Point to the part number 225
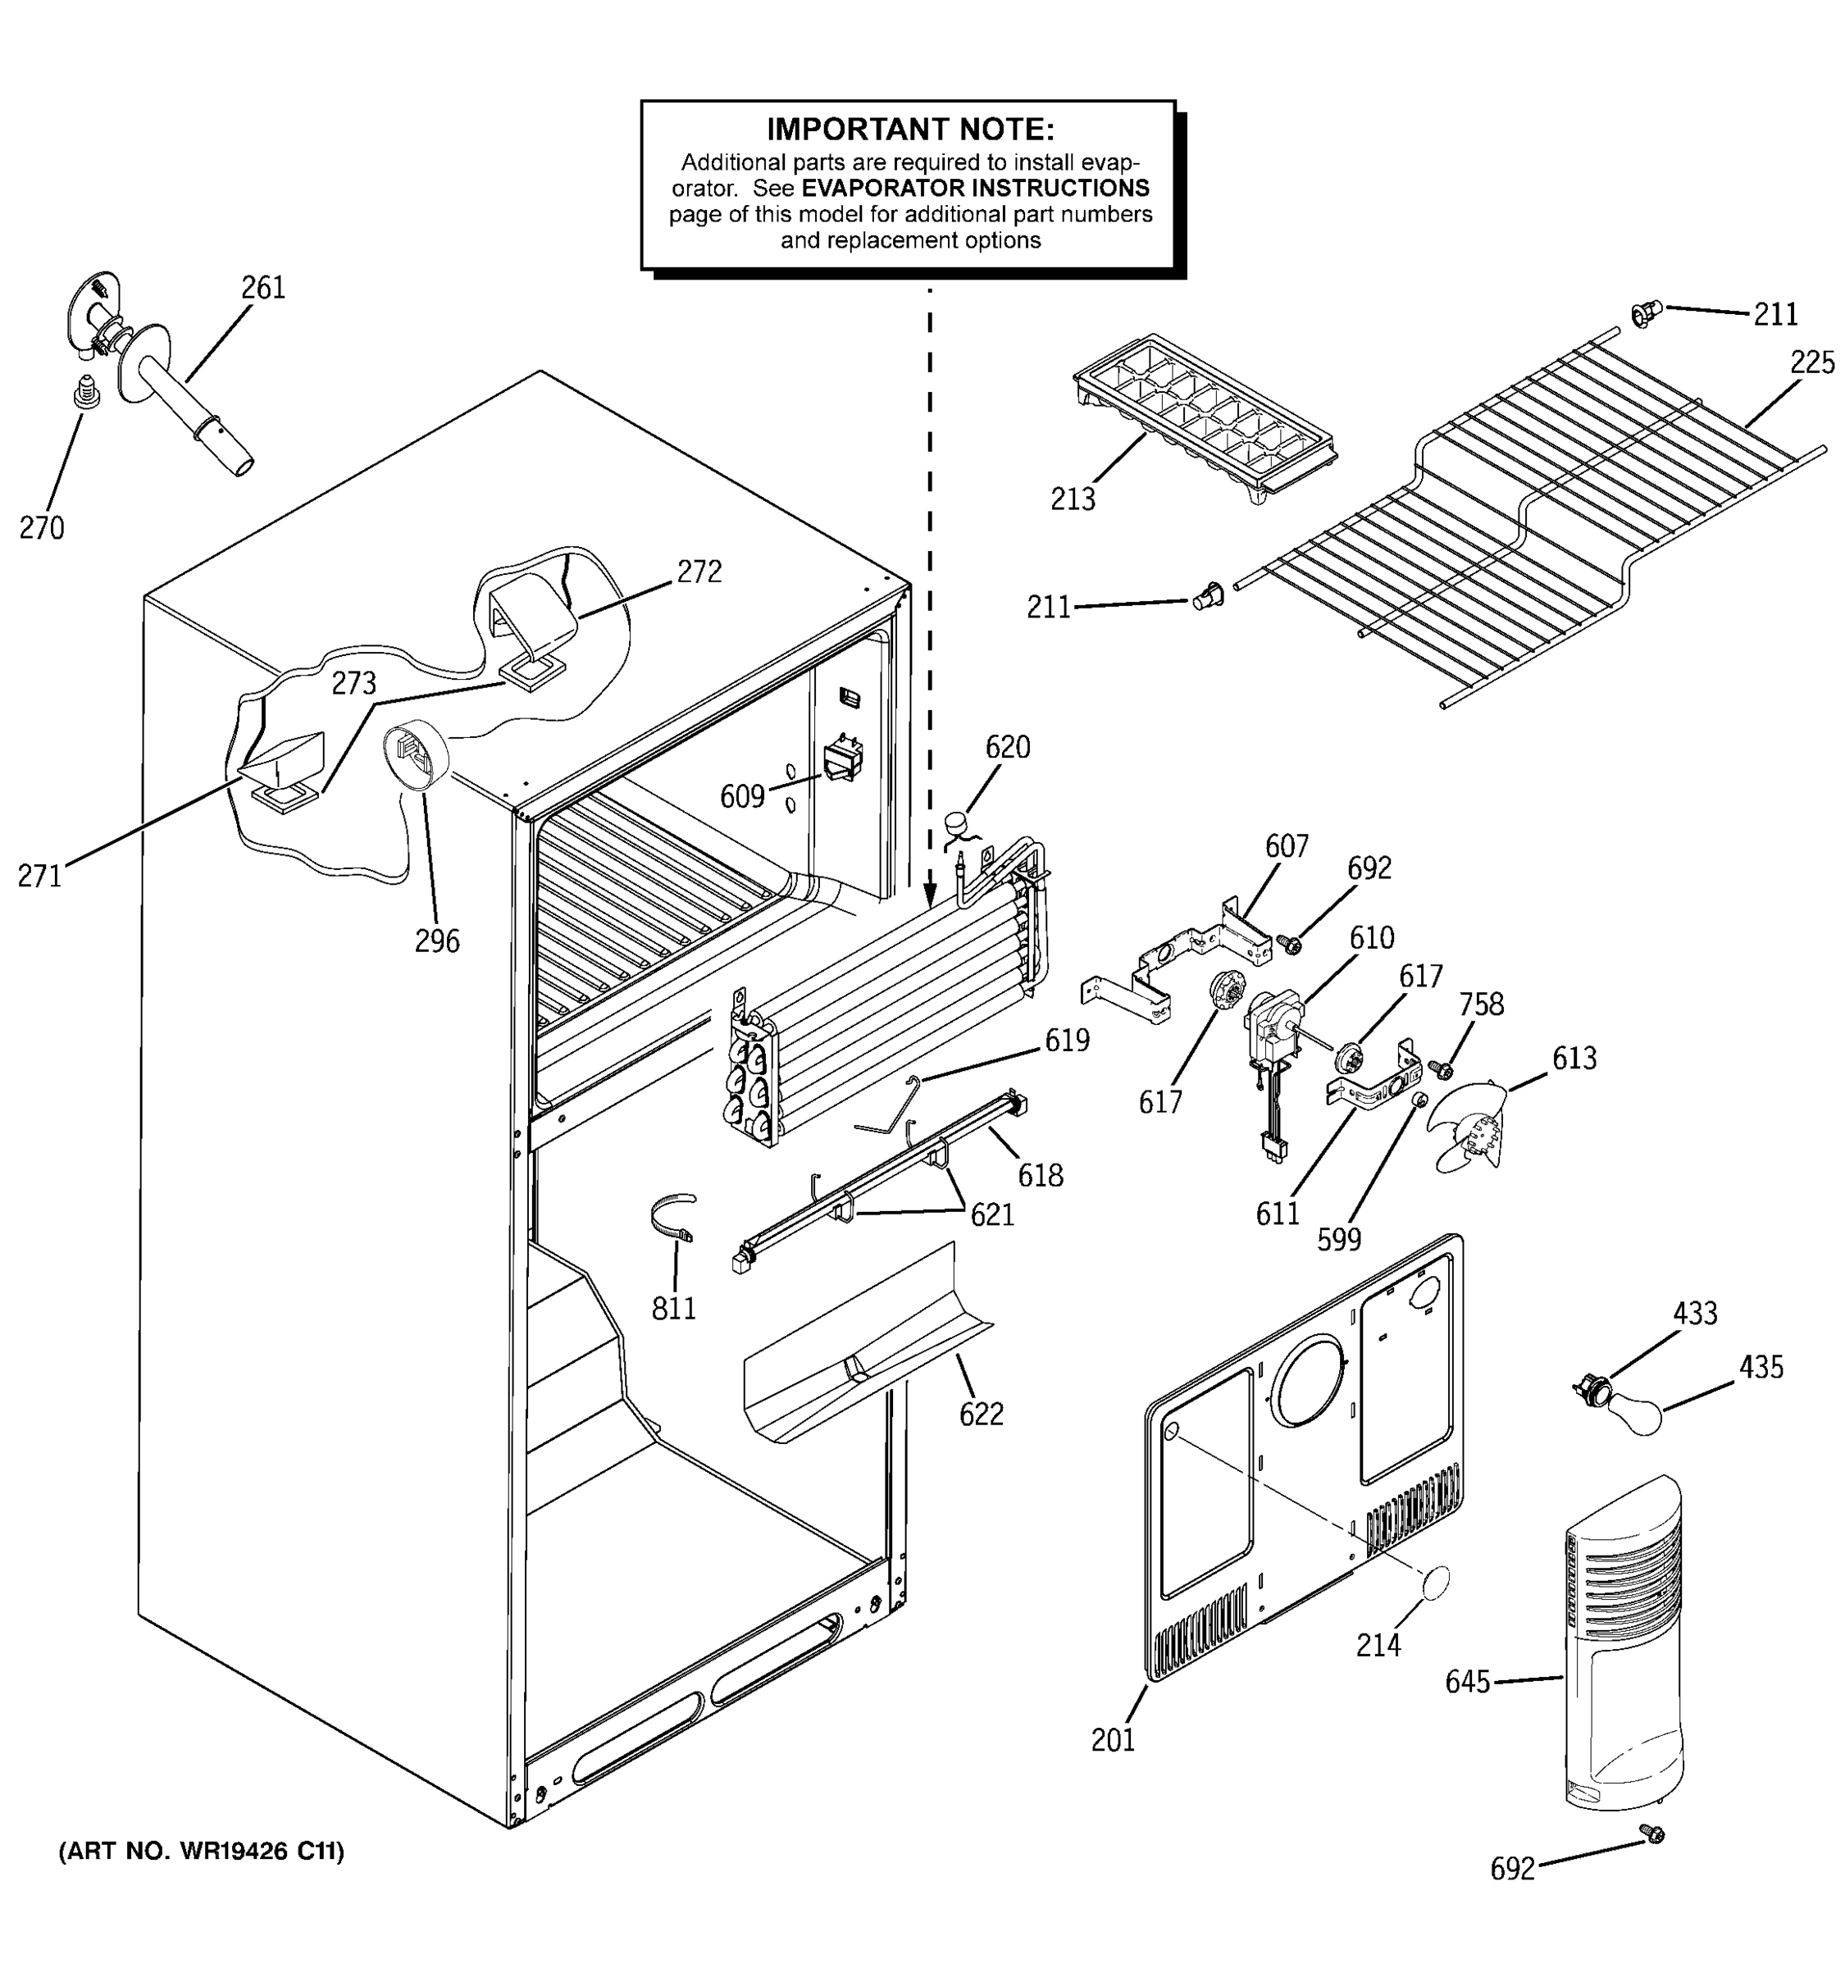1811,363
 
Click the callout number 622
981,1414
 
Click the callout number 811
674,1309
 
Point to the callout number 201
1113,1739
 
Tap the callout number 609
742,796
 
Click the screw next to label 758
1443,1069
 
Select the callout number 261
263,288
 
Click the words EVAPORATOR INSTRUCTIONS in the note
975,188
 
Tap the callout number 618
1041,1175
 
